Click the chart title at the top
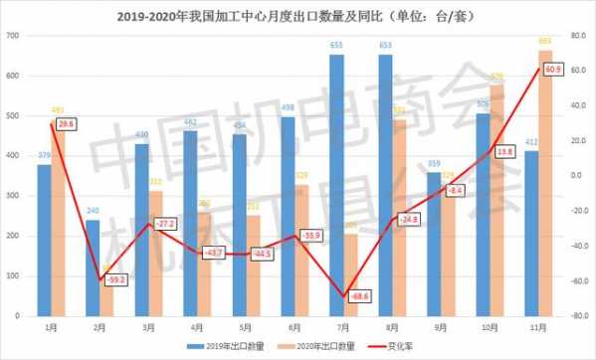click(298, 15)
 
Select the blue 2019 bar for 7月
click(337, 186)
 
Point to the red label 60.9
click(554, 69)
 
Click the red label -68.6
click(355, 295)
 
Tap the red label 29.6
click(66, 123)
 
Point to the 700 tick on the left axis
click(13, 36)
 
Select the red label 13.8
click(504, 151)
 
